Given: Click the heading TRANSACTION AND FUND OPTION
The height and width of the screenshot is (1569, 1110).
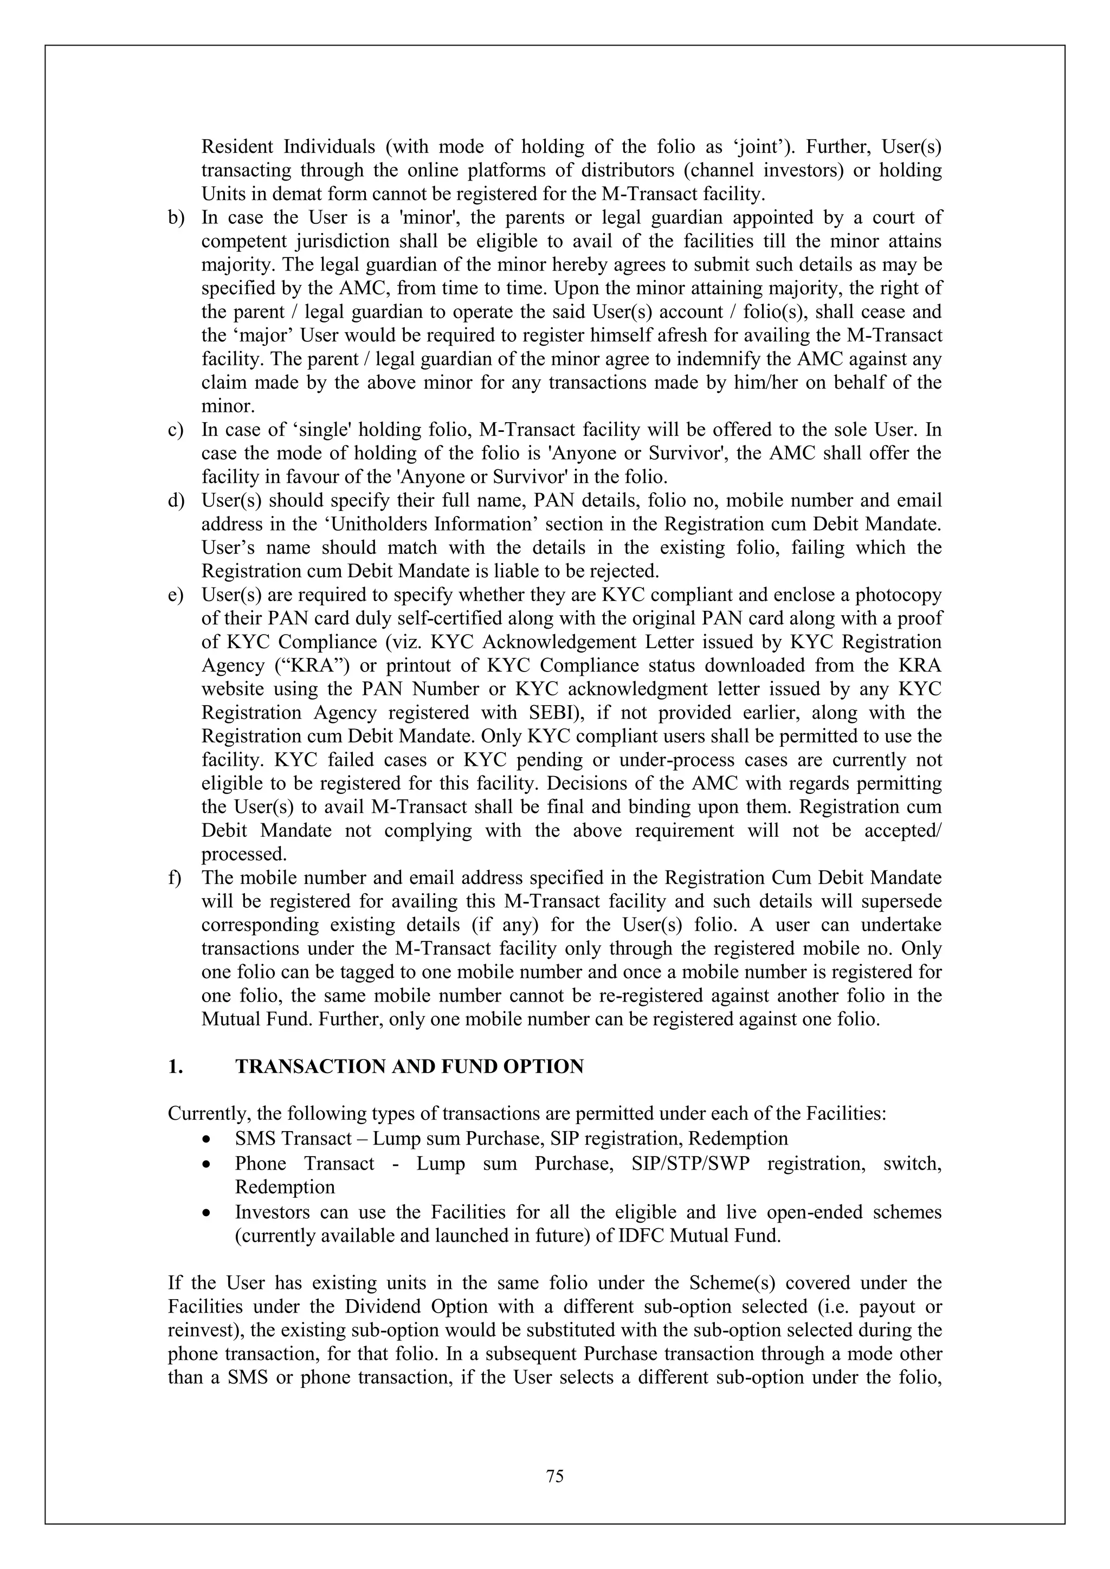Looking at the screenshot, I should (x=409, y=1067).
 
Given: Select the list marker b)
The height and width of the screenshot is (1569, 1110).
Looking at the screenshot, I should (x=176, y=218).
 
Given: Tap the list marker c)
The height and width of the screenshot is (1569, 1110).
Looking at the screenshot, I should (x=176, y=430).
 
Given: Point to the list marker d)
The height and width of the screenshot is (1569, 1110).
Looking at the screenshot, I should (x=176, y=501).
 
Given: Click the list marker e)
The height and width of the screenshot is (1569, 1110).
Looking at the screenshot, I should (x=176, y=595).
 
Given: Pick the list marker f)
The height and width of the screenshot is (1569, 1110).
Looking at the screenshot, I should (x=175, y=878).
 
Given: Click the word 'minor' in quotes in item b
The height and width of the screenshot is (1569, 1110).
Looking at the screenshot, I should (x=426, y=218).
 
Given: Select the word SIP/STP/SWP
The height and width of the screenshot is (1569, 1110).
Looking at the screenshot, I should (x=691, y=1164).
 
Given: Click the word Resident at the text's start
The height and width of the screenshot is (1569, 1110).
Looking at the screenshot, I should (x=237, y=147).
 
